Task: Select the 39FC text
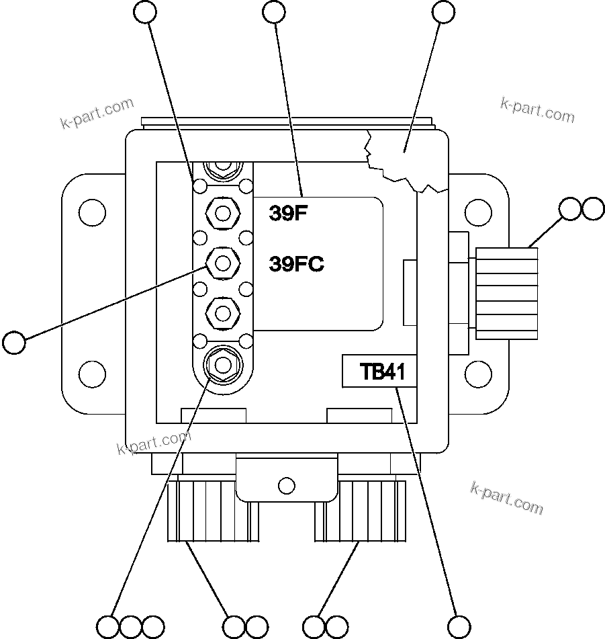tap(296, 265)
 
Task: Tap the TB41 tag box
tap(379, 372)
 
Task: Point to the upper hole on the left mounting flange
tap(92, 212)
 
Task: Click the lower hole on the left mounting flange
tap(92, 372)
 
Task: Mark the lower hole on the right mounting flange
tap(477, 372)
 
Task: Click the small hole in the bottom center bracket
tap(286, 484)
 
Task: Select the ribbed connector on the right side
tap(507, 292)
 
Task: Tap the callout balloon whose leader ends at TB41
tap(459, 626)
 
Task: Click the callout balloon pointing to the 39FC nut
tap(14, 342)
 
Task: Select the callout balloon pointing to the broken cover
tap(444, 11)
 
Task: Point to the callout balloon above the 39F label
tap(274, 11)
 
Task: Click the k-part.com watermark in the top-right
tap(537, 110)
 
